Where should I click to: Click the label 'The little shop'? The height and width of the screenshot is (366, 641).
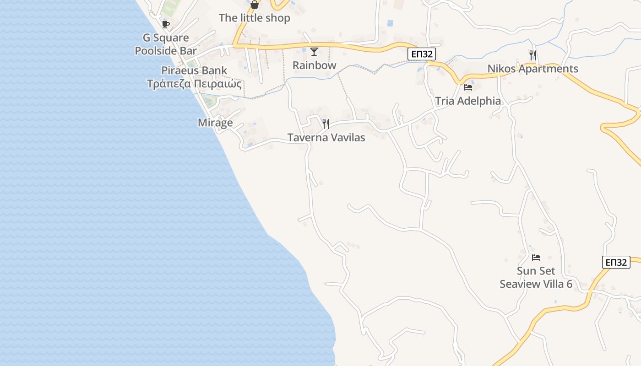pos(254,18)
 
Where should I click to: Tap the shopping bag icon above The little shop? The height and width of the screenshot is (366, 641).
pos(255,5)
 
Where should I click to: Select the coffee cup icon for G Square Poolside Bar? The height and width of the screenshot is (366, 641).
pos(165,24)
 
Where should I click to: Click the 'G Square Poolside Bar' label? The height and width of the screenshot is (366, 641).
pos(166,44)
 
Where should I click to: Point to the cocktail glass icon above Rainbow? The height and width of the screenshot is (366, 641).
pos(314,51)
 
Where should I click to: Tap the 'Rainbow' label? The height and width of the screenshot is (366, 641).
pos(314,65)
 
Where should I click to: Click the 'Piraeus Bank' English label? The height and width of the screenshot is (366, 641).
pos(194,70)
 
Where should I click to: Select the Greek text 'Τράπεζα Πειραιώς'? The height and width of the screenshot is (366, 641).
pos(194,84)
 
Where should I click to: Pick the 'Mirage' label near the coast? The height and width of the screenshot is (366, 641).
pos(215,123)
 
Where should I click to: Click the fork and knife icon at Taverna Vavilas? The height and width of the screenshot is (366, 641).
pos(326,124)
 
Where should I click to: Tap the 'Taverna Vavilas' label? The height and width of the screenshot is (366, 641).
pos(326,137)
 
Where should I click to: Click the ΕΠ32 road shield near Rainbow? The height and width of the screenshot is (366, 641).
pos(421,54)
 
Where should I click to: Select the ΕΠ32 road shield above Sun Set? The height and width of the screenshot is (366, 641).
pos(616,262)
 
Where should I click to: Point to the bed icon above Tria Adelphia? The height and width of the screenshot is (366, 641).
pos(467,87)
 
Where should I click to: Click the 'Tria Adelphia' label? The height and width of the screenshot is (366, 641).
pos(468,101)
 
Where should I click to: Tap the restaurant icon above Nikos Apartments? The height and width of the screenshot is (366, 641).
pos(532,55)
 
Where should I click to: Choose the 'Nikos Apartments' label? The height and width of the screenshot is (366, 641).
pos(532,69)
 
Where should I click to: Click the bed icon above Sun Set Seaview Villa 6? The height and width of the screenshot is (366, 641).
pos(536,258)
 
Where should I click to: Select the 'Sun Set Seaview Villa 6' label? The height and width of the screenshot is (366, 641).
pos(536,278)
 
